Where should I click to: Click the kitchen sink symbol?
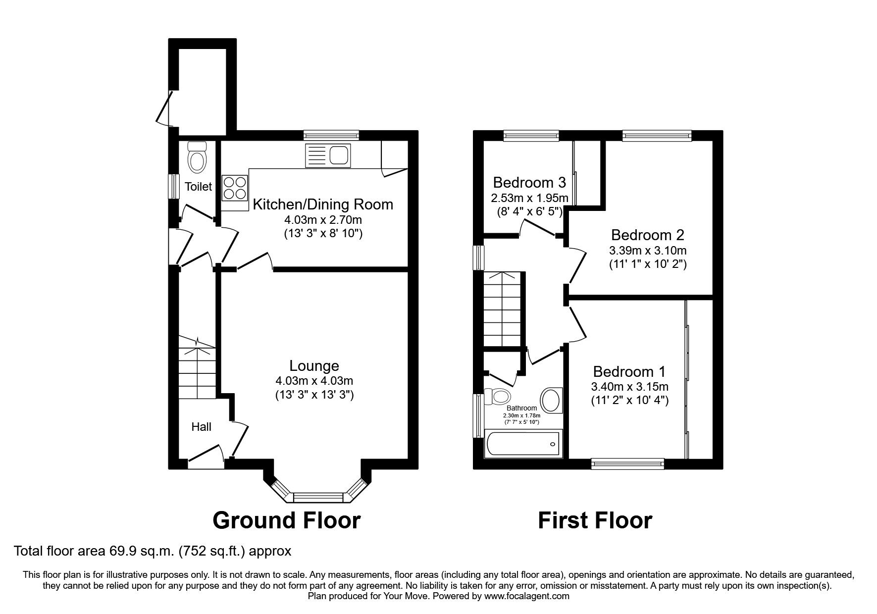pyautogui.click(x=328, y=154)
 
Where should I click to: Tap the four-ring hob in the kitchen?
pyautogui.click(x=235, y=188)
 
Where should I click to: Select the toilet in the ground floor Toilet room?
pyautogui.click(x=197, y=157)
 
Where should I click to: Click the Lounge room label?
pyautogui.click(x=314, y=366)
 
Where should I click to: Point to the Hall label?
pyautogui.click(x=201, y=427)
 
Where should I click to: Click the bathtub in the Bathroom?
pyautogui.click(x=523, y=444)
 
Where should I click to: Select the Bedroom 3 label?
pyautogui.click(x=529, y=182)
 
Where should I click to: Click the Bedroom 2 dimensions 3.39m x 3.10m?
pyautogui.click(x=647, y=251)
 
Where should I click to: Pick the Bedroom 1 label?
pyautogui.click(x=629, y=371)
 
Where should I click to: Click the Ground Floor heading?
pyautogui.click(x=286, y=520)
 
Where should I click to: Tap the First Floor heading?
pyautogui.click(x=595, y=520)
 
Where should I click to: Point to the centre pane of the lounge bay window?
pyautogui.click(x=318, y=497)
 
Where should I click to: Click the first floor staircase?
pyautogui.click(x=503, y=309)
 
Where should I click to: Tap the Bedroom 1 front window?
pyautogui.click(x=627, y=463)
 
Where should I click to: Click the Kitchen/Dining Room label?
pyautogui.click(x=323, y=204)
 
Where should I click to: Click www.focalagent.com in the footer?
pyautogui.click(x=526, y=597)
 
